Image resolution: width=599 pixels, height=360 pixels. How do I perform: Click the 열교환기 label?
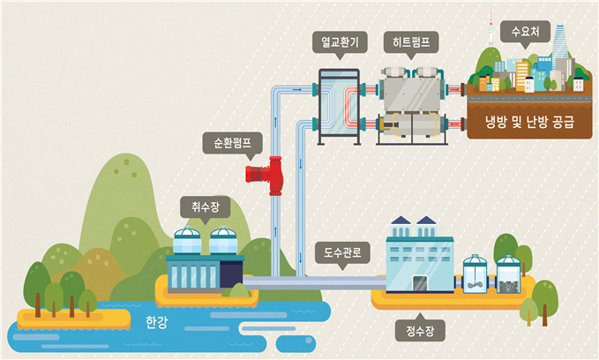coord(338,41)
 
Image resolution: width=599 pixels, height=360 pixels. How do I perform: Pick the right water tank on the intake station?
coord(224,242)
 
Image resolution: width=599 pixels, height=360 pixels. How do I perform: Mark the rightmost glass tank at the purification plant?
coord(507,276)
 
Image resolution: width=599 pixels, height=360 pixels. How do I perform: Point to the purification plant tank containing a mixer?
coord(475,276)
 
